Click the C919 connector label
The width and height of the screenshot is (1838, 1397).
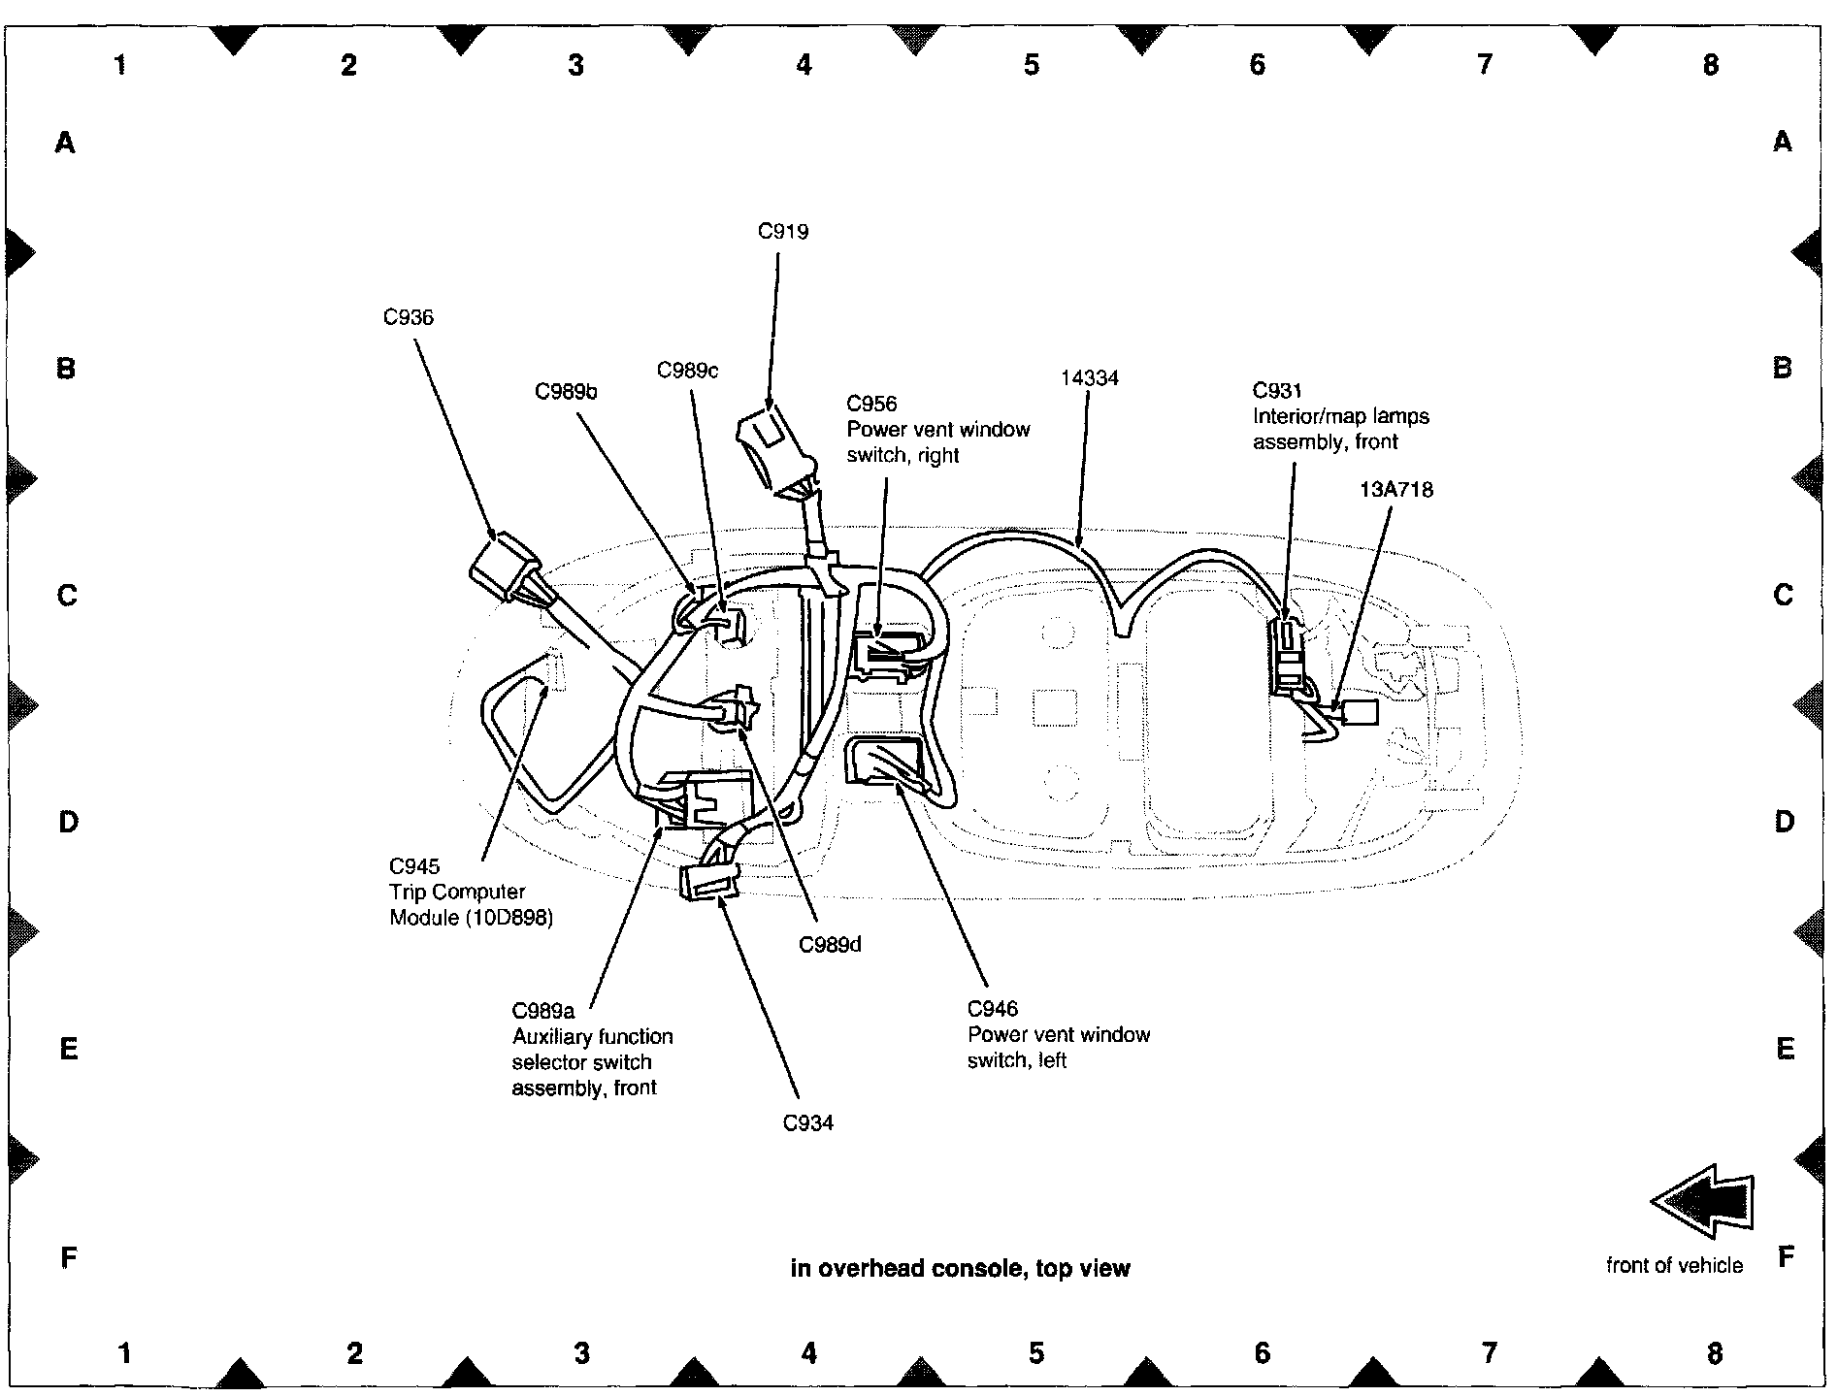coord(783,232)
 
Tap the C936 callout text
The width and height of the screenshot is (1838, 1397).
coord(408,317)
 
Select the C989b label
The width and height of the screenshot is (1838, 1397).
coord(566,392)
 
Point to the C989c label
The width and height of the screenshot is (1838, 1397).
coord(687,371)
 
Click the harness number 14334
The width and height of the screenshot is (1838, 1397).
coord(1089,378)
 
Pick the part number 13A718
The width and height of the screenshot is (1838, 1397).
coord(1395,490)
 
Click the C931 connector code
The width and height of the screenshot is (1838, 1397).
coord(1277,391)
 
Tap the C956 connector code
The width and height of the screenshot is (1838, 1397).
coord(871,405)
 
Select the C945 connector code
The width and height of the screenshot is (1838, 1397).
coord(414,866)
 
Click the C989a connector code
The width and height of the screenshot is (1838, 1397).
coord(543,1011)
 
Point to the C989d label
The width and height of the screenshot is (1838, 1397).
coord(830,944)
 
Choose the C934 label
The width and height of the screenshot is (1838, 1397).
coord(808,1123)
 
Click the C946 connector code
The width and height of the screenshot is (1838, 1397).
coord(993,1009)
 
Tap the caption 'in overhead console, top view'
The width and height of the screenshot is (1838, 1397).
coord(960,1268)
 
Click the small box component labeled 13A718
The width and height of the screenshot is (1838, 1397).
coord(1359,713)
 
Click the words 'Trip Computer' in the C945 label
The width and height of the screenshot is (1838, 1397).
coord(457,893)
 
